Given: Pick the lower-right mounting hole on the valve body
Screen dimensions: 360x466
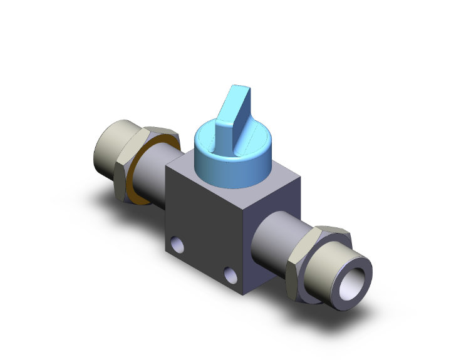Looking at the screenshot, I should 232,274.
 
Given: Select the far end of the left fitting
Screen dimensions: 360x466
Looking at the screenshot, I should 106,150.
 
